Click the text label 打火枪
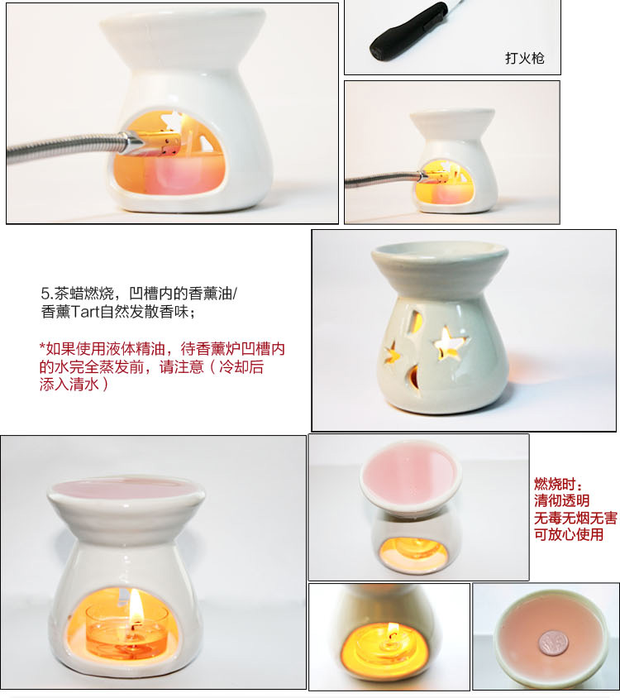pyautogui.click(x=524, y=59)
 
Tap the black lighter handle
pyautogui.click(x=409, y=31)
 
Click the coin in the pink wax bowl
pyautogui.click(x=554, y=643)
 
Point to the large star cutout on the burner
pyautogui.click(x=450, y=342)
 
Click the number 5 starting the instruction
pyautogui.click(x=45, y=294)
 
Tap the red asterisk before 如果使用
pyautogui.click(x=42, y=347)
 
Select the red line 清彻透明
pyautogui.click(x=561, y=501)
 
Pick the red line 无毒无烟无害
pyautogui.click(x=575, y=518)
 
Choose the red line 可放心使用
pyautogui.click(x=569, y=534)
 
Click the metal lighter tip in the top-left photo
pyautogui.click(x=133, y=143)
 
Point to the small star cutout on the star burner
pyautogui.click(x=392, y=353)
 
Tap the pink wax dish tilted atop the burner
pyautogui.click(x=410, y=476)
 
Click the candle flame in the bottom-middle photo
pyautogui.click(x=392, y=629)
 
